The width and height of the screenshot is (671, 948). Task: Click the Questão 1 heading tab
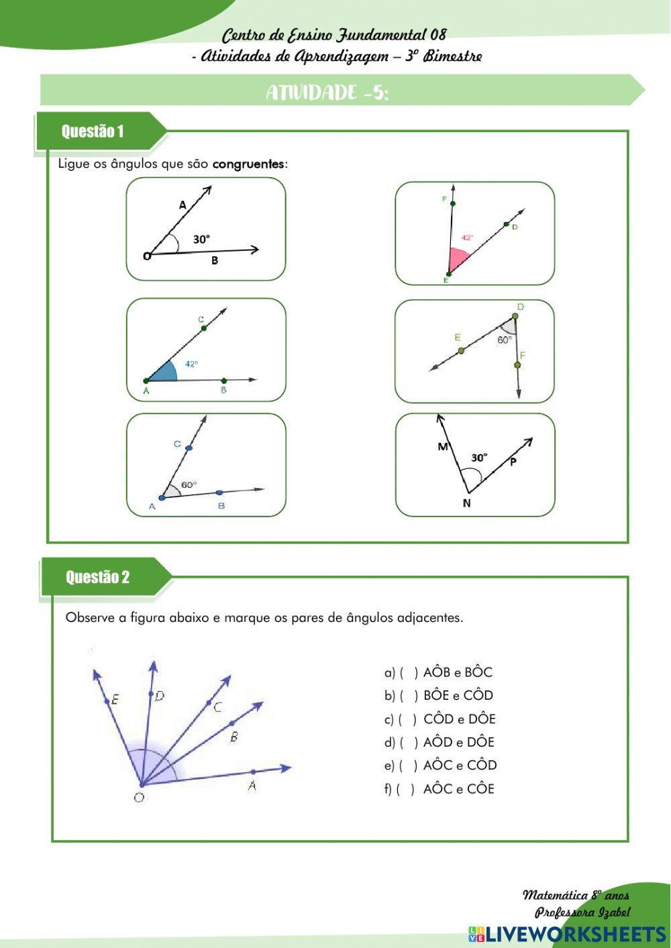[93, 131]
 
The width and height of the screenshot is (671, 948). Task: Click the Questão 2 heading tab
[97, 577]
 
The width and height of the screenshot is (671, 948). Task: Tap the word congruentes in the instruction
[248, 164]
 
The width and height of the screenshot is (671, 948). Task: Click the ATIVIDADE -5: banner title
[327, 93]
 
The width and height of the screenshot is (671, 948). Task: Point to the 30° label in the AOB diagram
[201, 240]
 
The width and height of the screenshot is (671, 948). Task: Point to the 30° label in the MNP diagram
[478, 458]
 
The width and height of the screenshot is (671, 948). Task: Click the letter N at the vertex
[467, 503]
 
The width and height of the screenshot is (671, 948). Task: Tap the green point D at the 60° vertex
[515, 316]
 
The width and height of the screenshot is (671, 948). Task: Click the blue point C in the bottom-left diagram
[189, 447]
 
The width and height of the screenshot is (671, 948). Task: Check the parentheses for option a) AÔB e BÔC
[409, 672]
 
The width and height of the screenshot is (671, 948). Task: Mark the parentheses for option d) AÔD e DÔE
[409, 742]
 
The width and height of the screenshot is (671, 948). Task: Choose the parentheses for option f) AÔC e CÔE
[405, 789]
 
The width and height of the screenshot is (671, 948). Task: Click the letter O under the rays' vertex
[139, 798]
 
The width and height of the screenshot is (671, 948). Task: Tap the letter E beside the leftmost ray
[115, 699]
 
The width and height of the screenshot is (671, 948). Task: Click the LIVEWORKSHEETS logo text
[575, 933]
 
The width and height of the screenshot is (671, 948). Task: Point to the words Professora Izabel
[582, 912]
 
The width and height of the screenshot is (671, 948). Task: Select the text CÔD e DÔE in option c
[459, 719]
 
